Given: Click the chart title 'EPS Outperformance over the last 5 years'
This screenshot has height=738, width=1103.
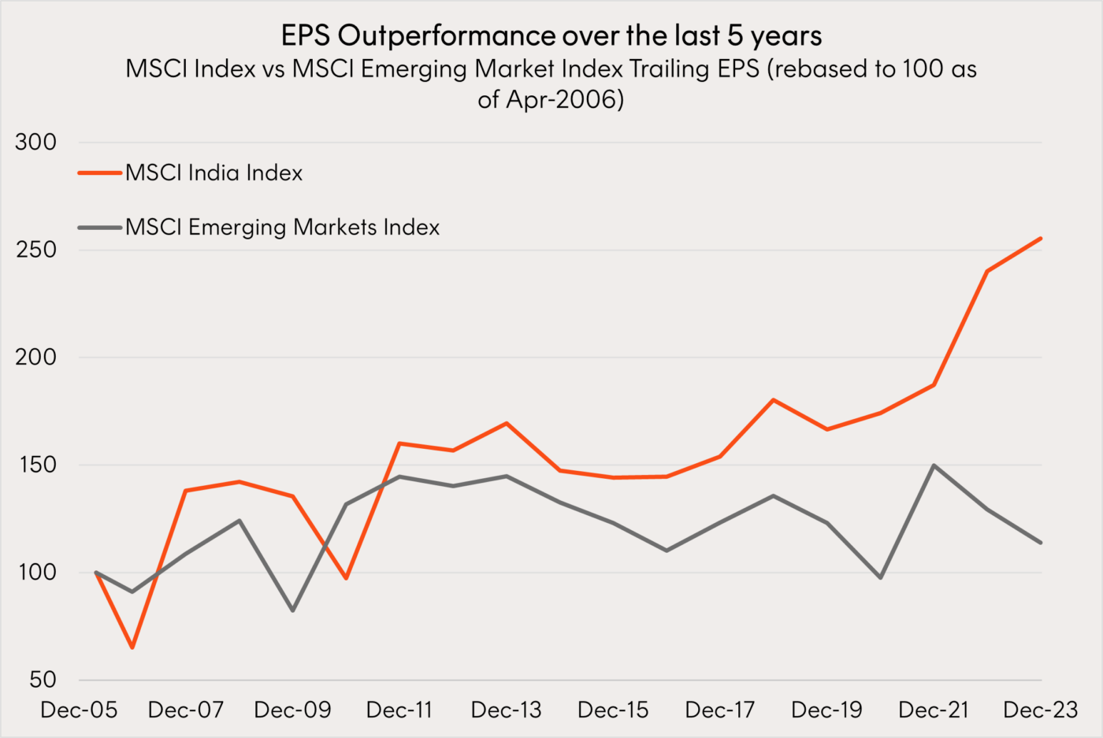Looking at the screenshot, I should click(x=551, y=35).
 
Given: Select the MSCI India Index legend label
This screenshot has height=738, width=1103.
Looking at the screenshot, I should click(x=214, y=172).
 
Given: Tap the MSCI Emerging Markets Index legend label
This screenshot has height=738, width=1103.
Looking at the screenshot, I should click(x=282, y=227).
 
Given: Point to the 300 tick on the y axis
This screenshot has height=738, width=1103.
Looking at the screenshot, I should click(x=36, y=142).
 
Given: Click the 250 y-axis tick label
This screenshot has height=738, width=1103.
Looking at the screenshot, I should click(x=36, y=250).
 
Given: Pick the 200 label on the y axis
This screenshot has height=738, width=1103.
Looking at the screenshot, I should click(x=36, y=357).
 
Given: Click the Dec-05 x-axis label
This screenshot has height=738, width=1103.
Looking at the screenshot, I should click(x=79, y=710).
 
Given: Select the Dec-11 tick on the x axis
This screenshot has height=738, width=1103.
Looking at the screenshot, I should click(x=399, y=710).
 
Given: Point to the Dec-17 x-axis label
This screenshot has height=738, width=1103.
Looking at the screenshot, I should click(x=720, y=710).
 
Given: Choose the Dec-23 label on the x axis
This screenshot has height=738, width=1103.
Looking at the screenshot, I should click(x=1040, y=710).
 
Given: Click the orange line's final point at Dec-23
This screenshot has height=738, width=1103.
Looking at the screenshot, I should click(x=1041, y=238).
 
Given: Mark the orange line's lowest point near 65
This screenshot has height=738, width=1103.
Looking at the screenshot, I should click(x=132, y=647).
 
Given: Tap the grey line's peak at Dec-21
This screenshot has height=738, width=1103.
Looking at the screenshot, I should click(x=934, y=465).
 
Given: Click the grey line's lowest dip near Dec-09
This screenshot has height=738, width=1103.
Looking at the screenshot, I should click(x=292, y=610).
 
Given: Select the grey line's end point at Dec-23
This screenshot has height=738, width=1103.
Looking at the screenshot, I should click(x=1041, y=543).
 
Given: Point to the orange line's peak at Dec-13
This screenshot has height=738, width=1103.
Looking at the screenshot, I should click(x=507, y=423).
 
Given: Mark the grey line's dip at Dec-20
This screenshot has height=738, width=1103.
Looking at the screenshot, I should click(x=880, y=578).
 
